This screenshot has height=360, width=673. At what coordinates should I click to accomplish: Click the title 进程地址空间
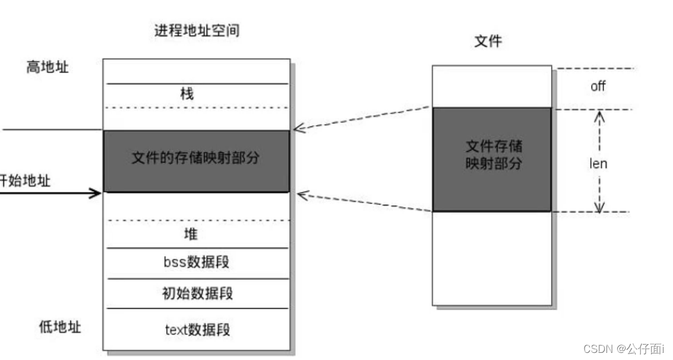coord(197,31)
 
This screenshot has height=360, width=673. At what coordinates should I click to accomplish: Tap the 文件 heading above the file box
coord(488,41)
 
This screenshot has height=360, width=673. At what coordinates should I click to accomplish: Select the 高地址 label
coord(48,67)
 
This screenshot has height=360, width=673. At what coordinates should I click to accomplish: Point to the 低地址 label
coord(60,327)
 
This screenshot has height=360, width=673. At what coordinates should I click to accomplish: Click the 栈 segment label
coord(187,94)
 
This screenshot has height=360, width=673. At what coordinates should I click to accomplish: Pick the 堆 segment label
coord(191,234)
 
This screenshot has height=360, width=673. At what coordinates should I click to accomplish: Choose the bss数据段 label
coord(196,263)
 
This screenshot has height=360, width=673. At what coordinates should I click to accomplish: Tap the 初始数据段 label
coord(197,293)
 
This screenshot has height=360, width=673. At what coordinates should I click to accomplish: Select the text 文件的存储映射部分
coord(195,158)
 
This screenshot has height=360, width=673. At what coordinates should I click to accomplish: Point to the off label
coord(598,86)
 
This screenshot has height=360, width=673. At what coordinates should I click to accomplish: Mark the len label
coord(598,163)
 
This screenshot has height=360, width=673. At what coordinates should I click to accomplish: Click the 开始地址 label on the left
coord(25,181)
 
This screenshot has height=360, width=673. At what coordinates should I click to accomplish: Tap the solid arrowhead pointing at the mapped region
coord(96,192)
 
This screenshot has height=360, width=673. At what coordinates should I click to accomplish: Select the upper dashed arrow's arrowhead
coord(299,128)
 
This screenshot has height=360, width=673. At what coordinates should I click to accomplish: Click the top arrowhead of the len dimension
coord(599,116)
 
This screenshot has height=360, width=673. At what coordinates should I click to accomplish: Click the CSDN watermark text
coord(623,348)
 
